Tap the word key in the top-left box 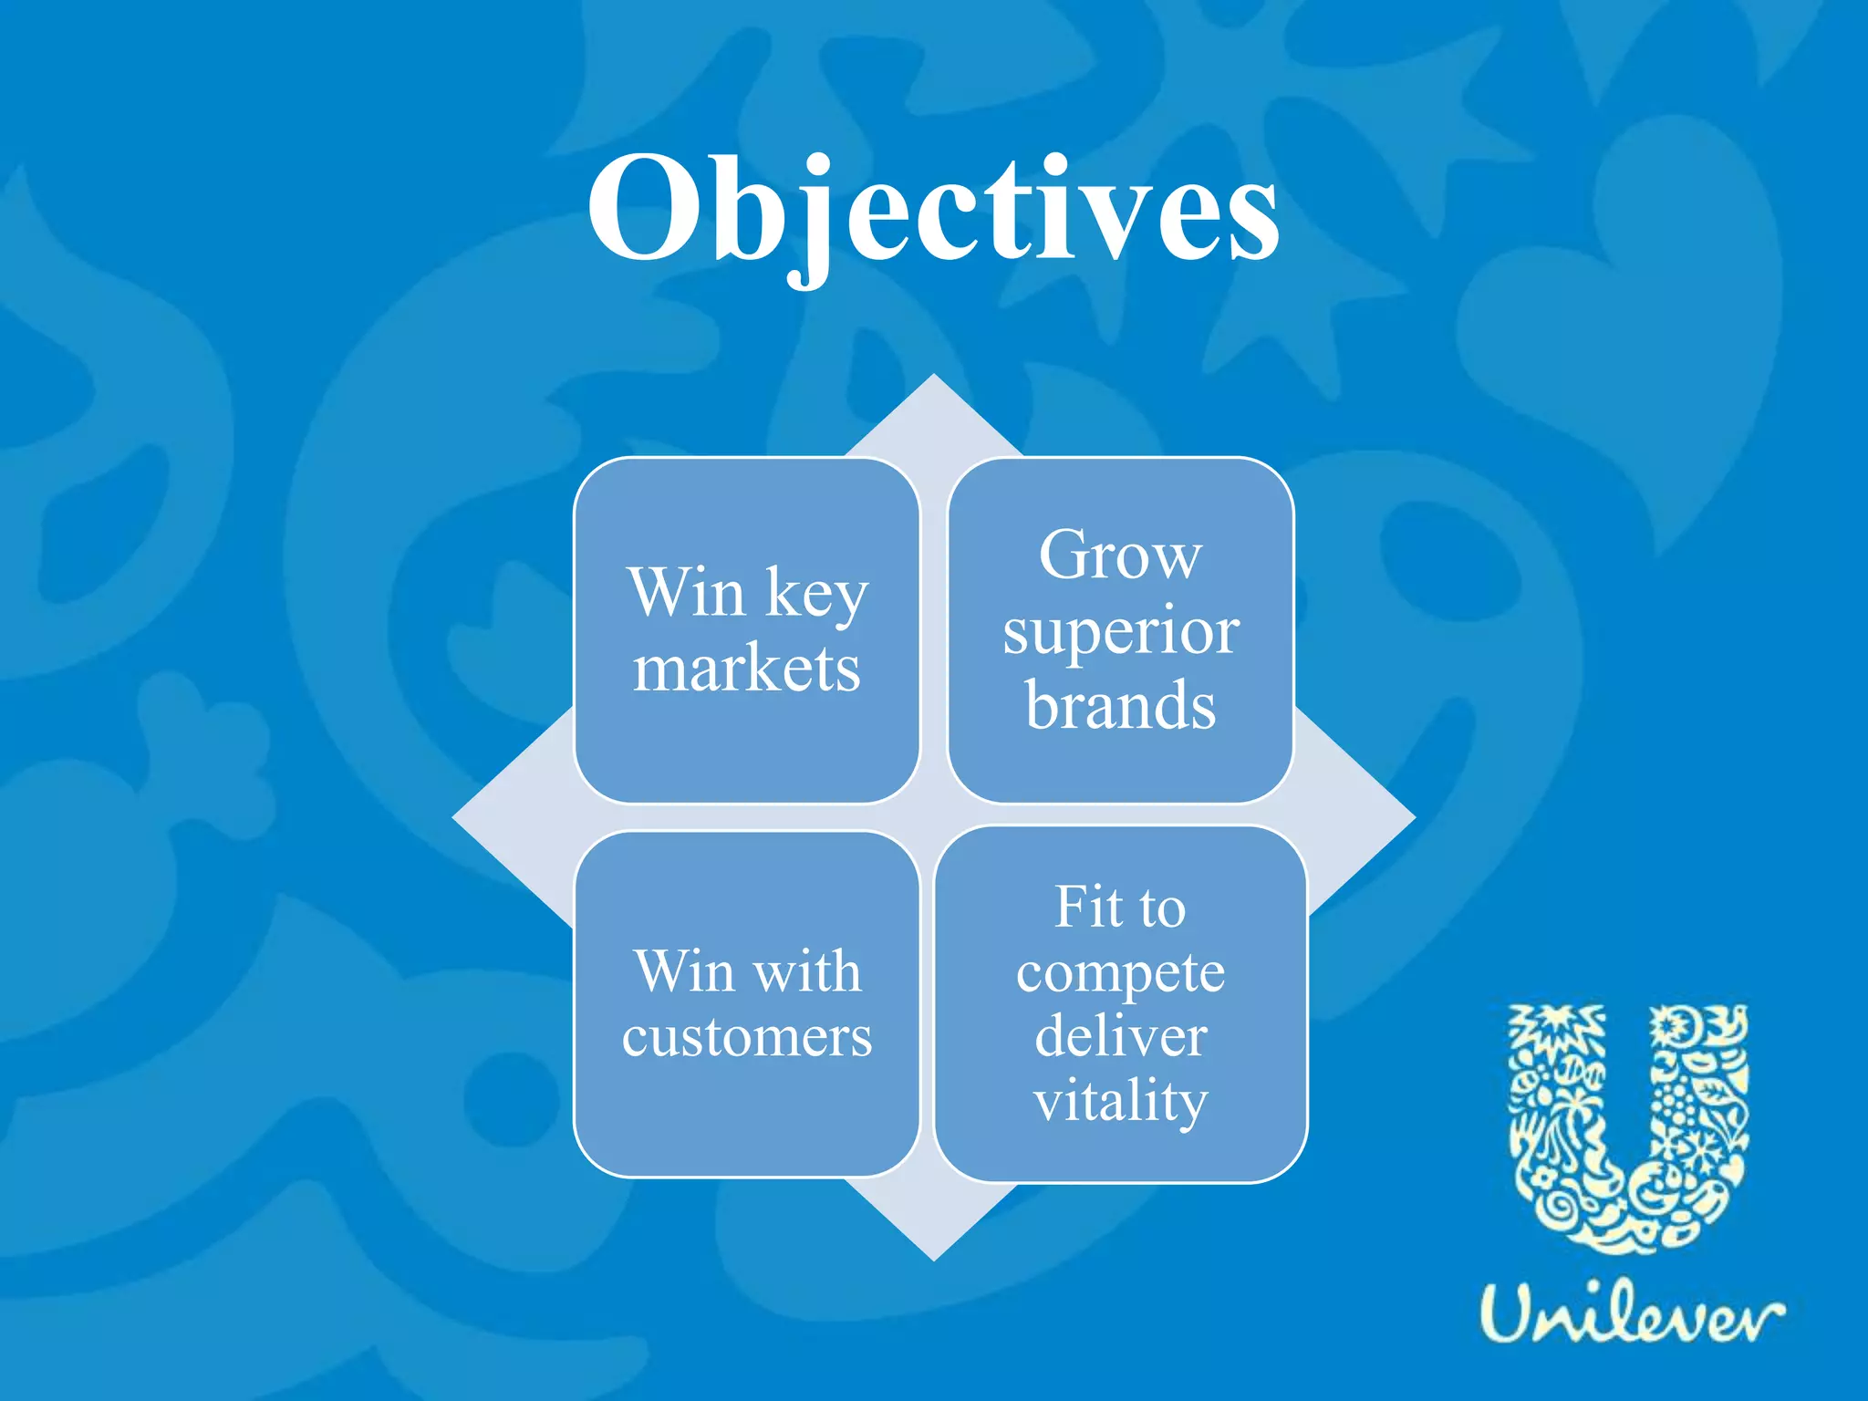(x=816, y=595)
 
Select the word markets (x=746, y=670)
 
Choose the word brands (x=1120, y=706)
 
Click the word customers (x=746, y=1038)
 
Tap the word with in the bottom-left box (x=808, y=970)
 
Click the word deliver (x=1120, y=1037)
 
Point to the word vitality (x=1120, y=1102)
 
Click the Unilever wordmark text (x=1630, y=1315)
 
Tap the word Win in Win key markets (x=686, y=593)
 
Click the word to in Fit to (x=1161, y=909)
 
